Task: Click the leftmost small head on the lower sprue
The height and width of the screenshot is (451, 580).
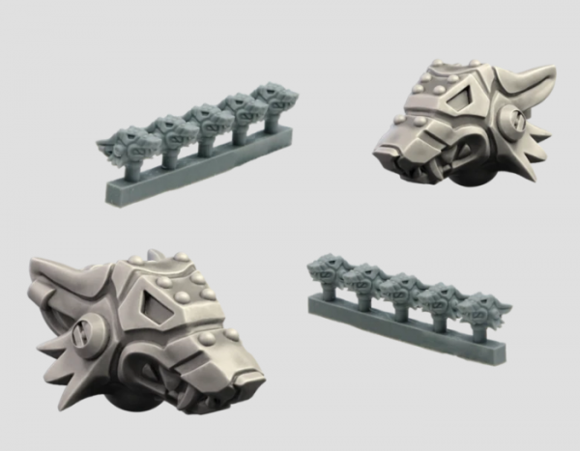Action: pos(333,269)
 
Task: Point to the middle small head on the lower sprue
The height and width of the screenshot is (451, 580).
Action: pos(401,289)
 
